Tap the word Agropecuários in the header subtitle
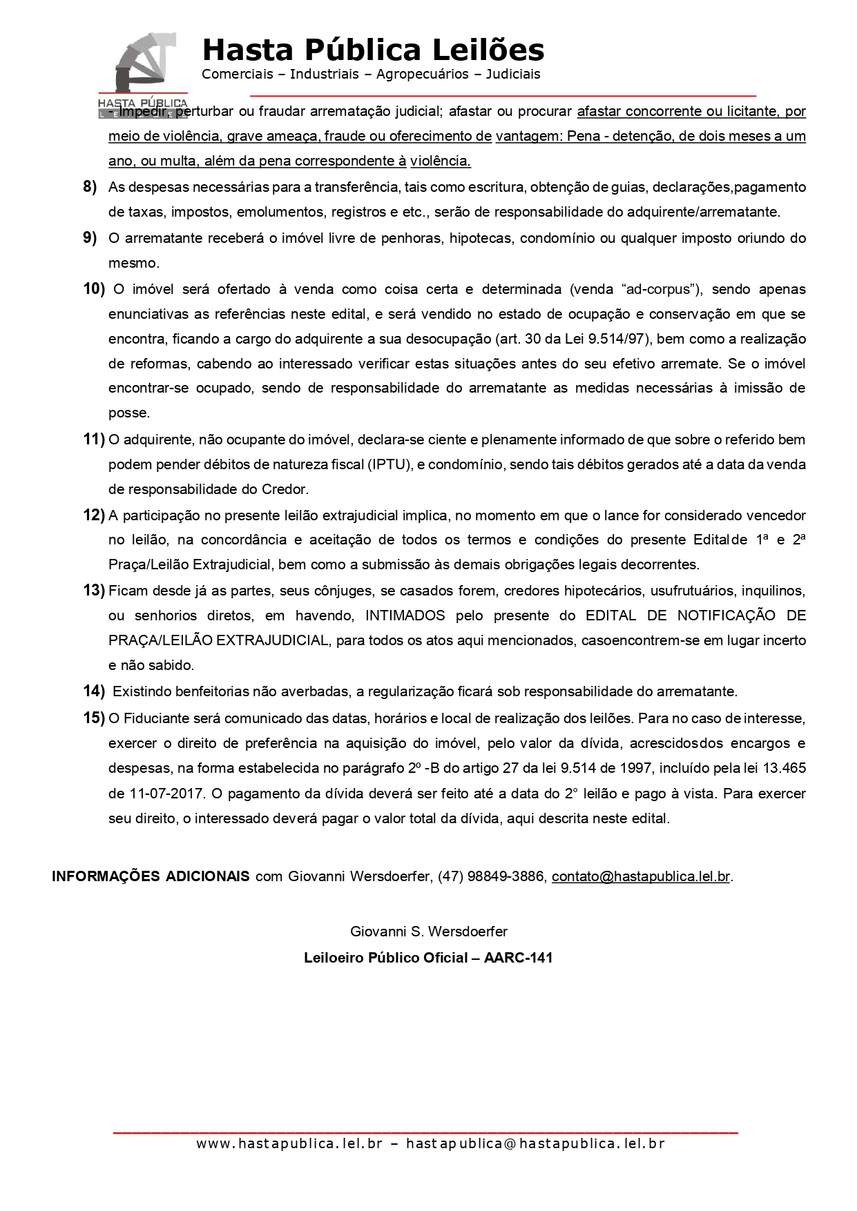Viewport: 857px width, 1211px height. coord(422,74)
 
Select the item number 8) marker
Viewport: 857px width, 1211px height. coord(90,187)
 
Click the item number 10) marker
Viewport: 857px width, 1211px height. coord(93,289)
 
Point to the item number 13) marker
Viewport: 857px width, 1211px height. coord(93,591)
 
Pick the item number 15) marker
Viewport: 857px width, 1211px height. coord(93,718)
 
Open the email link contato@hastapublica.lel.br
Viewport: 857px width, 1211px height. coord(640,876)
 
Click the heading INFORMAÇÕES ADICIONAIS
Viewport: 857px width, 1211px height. coord(151,876)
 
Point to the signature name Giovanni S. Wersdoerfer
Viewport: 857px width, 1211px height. coord(428,932)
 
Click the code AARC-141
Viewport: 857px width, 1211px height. coord(519,958)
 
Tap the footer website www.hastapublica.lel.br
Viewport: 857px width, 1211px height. coord(289,1143)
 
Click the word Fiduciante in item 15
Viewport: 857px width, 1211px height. coord(159,718)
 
